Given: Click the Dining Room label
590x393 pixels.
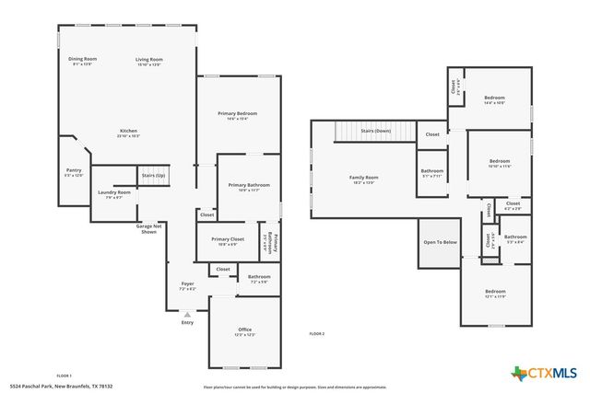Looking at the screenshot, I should (83, 59).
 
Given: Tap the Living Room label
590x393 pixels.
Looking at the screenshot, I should (148, 59).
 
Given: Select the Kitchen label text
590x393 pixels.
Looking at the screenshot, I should (128, 131).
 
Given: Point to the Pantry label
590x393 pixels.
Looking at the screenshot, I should (74, 170).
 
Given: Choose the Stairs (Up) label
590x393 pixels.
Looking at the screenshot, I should (153, 175).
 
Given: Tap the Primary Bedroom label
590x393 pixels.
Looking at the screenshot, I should (237, 114).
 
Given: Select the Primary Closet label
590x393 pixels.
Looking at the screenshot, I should (230, 240).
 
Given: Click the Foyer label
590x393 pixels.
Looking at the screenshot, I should (186, 284).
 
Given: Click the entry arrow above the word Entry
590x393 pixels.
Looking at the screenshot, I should (187, 314).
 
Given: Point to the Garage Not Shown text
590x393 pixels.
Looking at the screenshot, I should (149, 228).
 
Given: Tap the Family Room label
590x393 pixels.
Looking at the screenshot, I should (363, 179).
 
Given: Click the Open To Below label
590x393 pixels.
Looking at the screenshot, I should (440, 242).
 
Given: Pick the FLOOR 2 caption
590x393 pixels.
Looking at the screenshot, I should (317, 333).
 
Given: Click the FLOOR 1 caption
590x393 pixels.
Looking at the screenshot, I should (65, 376).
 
